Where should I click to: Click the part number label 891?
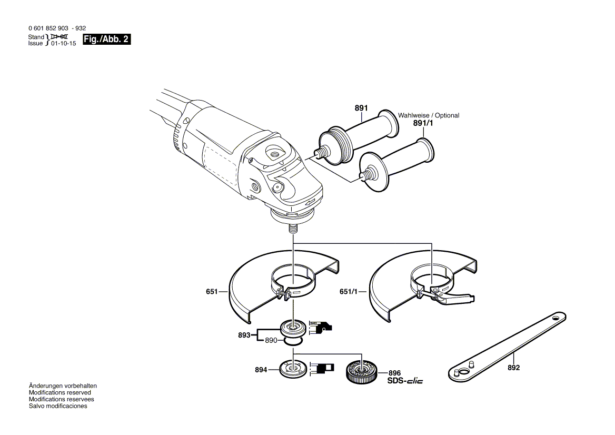click(x=361, y=108)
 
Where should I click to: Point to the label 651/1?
click(x=348, y=291)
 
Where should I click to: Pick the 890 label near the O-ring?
click(x=271, y=341)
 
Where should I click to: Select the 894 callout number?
click(x=262, y=370)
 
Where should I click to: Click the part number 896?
click(x=395, y=372)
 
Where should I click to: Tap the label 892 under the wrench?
click(x=513, y=368)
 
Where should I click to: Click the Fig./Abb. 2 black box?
click(x=107, y=39)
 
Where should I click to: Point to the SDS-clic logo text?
click(x=405, y=381)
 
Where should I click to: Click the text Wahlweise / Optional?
click(x=429, y=115)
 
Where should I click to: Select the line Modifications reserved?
click(x=59, y=393)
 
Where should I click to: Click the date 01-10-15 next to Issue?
click(x=63, y=44)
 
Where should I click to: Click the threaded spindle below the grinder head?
click(x=293, y=230)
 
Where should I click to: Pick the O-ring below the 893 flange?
click(x=293, y=341)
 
